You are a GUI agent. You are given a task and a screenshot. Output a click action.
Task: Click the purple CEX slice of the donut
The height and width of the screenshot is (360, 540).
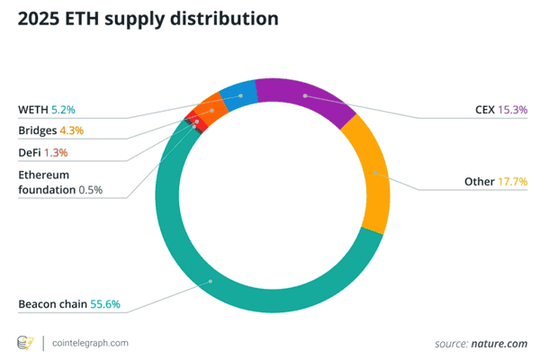tap(306, 97)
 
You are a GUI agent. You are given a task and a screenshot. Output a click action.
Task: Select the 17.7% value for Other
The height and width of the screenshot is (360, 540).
tap(512, 182)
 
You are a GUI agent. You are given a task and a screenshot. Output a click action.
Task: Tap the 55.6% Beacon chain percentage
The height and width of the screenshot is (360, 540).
tap(107, 304)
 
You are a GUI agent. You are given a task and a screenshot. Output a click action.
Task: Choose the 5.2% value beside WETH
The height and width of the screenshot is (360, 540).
tap(63, 110)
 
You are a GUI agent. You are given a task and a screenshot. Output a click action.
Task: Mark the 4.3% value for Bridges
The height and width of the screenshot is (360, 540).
tap(73, 130)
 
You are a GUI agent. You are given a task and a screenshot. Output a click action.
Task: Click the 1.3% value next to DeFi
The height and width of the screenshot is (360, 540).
tap(57, 152)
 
